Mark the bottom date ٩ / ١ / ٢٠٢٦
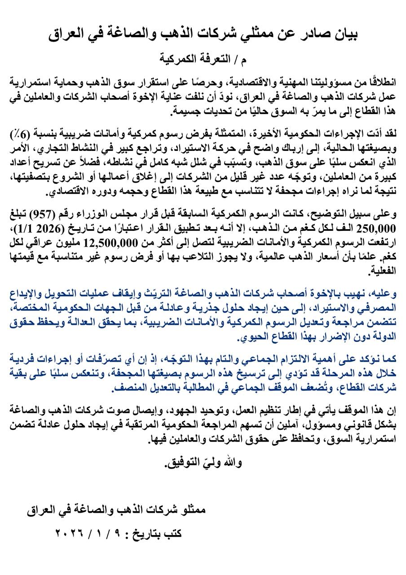tap(88, 534)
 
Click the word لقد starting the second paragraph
tap(389, 134)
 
